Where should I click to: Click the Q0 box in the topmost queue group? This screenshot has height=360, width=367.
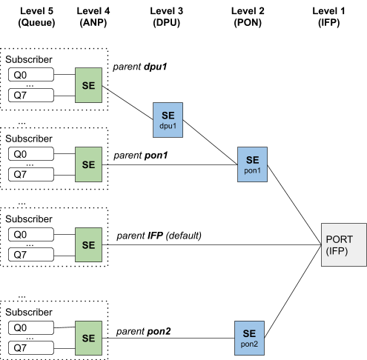pos(31,75)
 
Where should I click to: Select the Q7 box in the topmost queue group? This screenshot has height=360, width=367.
pos(31,95)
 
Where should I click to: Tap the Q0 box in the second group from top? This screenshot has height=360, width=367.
pos(31,154)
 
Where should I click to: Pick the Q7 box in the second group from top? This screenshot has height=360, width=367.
pos(31,174)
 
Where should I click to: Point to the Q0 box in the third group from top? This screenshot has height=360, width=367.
pos(31,235)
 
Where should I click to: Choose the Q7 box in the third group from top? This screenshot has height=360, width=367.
pos(31,255)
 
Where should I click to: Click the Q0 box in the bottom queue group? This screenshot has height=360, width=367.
pos(31,327)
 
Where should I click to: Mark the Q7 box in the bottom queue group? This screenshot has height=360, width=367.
pos(31,347)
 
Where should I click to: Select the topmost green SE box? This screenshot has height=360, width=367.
pos(89,84)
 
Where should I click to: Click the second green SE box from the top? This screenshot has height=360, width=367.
pos(89,164)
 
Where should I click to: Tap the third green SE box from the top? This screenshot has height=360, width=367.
pos(89,244)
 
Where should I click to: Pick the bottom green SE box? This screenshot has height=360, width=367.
pos(89,337)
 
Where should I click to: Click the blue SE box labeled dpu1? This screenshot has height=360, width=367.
pos(168,119)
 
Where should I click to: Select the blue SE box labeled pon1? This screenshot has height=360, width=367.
pos(253,164)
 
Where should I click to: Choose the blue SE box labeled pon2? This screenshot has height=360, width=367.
pos(249,337)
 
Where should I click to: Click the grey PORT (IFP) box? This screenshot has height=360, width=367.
pos(343,244)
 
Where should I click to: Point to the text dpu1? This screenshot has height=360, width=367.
pos(168,126)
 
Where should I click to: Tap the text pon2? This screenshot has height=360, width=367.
pos(249,344)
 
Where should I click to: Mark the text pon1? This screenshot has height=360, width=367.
pos(253,170)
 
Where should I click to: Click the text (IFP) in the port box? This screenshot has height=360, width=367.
pos(338,252)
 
